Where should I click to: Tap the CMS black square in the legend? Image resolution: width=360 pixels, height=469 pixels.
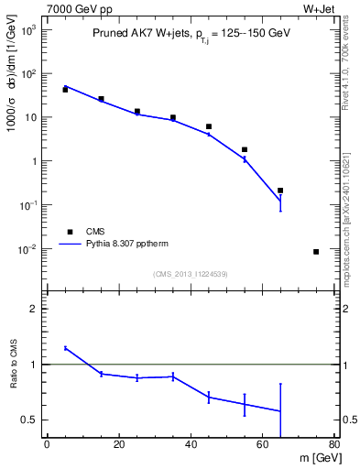click(x=65, y=232)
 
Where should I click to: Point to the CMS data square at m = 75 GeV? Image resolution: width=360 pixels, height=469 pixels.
click(x=316, y=252)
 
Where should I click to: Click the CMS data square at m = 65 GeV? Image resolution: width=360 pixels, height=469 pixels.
click(x=280, y=191)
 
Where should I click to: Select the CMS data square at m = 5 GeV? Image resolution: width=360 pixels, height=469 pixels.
click(x=65, y=90)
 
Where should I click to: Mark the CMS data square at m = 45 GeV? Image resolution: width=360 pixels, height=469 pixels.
click(x=209, y=126)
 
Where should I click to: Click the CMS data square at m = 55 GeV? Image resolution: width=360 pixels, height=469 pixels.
click(x=245, y=149)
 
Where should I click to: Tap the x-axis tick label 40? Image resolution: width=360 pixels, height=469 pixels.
click(x=191, y=445)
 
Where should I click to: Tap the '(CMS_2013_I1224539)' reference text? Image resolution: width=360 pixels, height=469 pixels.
click(x=191, y=273)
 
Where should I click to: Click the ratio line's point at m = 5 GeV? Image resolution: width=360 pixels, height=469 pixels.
click(x=65, y=348)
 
